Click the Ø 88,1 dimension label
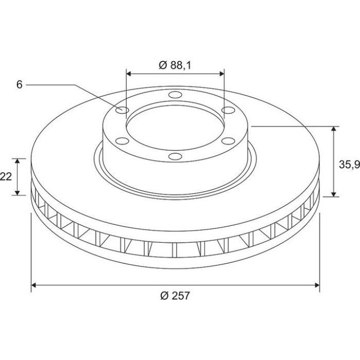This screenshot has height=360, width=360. (175, 65)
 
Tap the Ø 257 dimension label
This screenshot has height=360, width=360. (175, 296)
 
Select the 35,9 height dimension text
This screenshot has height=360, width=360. (349, 165)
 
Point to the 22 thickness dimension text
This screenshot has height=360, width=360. (6, 176)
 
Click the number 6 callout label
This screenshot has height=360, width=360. (20, 85)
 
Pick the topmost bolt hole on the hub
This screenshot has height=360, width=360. (175, 95)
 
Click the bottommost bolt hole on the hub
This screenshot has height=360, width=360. (175, 156)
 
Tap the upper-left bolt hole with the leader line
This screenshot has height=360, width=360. (122, 110)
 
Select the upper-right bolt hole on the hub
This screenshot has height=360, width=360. (228, 110)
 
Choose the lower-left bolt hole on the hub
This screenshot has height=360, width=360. (122, 141)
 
